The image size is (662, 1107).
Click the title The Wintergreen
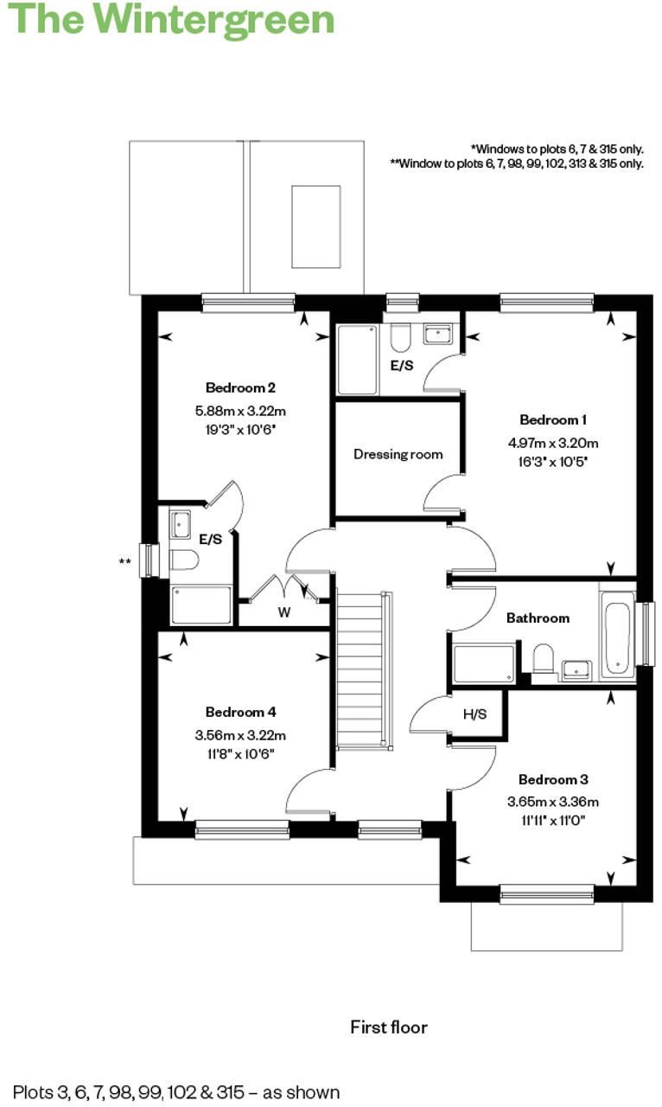172,19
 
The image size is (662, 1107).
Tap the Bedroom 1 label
553,420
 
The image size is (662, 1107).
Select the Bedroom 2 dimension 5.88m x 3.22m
240,411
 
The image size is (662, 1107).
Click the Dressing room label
398,454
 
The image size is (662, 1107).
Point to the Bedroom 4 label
240,713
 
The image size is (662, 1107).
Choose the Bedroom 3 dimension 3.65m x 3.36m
553,802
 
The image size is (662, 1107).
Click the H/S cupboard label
474,714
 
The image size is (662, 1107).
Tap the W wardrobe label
283,613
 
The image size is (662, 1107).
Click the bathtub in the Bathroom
617,638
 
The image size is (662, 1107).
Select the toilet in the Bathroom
544,660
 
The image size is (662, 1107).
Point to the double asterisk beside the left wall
125,562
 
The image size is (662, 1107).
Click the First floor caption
388,1027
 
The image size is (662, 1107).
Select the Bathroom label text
538,617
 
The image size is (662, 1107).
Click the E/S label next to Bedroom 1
402,366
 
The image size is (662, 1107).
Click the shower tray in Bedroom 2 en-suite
201,605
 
